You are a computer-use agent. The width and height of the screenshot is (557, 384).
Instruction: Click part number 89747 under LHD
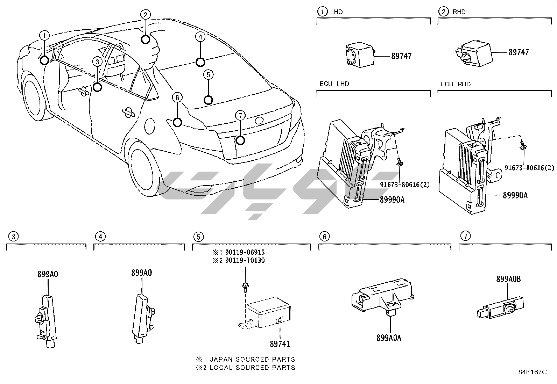[401, 56]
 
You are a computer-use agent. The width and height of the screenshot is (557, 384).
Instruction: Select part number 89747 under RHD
[519, 52]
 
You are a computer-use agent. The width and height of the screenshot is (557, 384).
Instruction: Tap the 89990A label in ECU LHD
[392, 200]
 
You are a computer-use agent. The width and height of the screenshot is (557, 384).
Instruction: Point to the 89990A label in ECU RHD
[515, 195]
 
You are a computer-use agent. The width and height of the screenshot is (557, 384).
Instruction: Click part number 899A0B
[508, 279]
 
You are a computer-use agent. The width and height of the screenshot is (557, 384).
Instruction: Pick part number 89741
[280, 344]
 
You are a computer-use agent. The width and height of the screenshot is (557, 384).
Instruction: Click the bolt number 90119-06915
[245, 252]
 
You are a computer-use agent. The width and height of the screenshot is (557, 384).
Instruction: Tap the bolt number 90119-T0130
[245, 260]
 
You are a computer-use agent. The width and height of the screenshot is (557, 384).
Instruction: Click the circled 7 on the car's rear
[241, 115]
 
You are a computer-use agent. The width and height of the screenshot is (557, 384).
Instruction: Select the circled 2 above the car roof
[146, 14]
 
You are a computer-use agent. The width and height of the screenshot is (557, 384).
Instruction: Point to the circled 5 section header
[198, 237]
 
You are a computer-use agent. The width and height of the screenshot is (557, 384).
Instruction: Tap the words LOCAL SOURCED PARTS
[252, 368]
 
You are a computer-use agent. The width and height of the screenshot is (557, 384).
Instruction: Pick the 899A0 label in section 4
[142, 273]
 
